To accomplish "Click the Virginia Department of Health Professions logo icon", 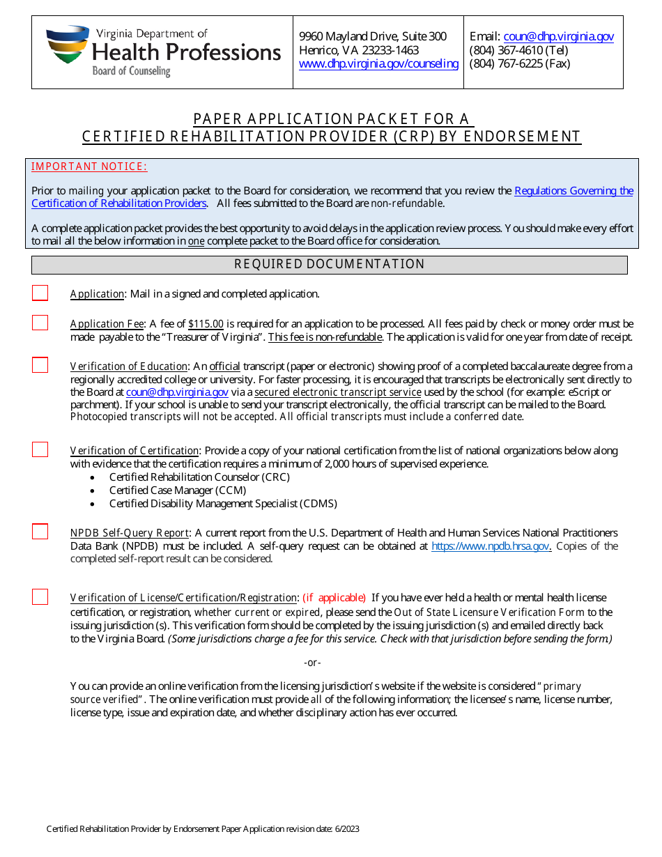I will tap(68, 45).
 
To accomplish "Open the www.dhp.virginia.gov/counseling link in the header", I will tap(378, 63).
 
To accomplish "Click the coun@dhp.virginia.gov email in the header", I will tap(558, 37).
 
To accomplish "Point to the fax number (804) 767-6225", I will tap(519, 63).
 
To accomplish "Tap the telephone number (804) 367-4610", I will tap(518, 50).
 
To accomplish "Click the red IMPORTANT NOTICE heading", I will tap(89, 167).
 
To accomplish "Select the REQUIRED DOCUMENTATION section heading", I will tap(329, 264).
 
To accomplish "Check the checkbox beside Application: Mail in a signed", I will tap(40, 293).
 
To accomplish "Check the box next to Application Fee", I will tap(40, 323).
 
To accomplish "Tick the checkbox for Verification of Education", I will tap(40, 366).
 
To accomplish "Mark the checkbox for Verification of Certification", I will tap(40, 450).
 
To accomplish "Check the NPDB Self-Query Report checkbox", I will tap(40, 532).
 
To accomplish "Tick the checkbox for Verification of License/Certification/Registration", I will tap(40, 597).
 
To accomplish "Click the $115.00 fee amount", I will tap(206, 324).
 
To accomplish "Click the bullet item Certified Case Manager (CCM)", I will tap(178, 491).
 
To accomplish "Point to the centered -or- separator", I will tap(312, 663).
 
